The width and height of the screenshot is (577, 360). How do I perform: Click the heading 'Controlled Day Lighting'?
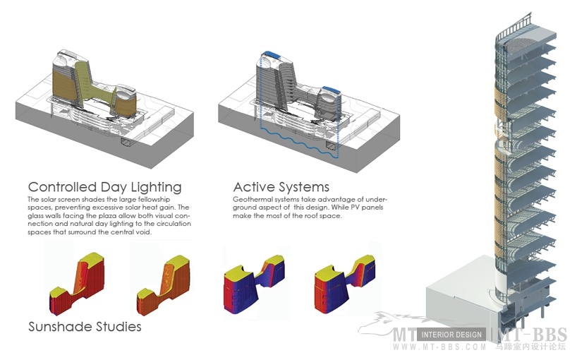[x=104, y=188]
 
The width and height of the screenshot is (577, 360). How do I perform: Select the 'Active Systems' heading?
[x=281, y=187]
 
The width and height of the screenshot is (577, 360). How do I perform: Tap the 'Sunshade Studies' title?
[x=85, y=327]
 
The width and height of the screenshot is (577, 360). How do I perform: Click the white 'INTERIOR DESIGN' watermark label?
[x=452, y=335]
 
